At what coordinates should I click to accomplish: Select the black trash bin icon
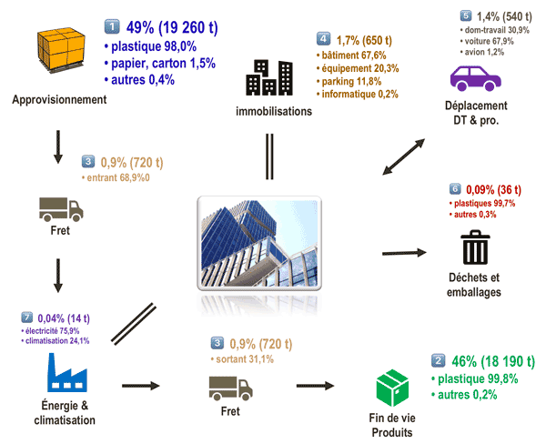coord(474,248)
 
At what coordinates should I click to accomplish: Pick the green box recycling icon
coord(391,388)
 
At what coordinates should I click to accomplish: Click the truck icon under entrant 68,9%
coord(60,209)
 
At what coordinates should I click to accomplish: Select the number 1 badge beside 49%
coord(111,25)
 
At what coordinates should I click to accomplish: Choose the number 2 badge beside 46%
coord(438,360)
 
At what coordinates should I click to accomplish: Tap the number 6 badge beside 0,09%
coord(455,189)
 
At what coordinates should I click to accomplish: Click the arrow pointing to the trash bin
coord(401,252)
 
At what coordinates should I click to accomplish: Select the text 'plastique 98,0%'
coord(153,45)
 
